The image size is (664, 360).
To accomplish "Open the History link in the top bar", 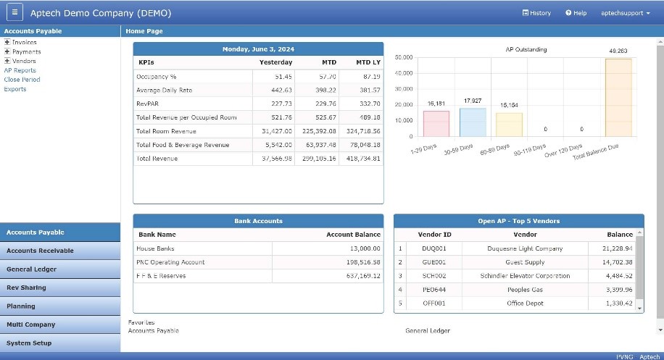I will pos(536,13).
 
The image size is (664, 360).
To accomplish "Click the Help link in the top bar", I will pos(576,13).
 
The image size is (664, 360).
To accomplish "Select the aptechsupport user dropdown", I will pos(626,13).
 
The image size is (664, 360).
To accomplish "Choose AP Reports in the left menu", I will pos(20,70).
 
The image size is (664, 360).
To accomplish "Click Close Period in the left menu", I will pos(22,80).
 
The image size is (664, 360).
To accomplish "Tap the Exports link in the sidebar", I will pos(14,89).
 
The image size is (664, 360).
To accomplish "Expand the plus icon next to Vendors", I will pos(7,61).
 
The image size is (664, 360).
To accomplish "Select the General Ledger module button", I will pos(31,269).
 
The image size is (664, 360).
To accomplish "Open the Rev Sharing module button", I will pos(26,288).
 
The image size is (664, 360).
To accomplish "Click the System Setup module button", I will pos(29,343).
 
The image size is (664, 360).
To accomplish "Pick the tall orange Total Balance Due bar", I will pos(618,97).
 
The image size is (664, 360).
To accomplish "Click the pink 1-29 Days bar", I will pos(436,123).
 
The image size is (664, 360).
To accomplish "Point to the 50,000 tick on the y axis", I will pos(404,57).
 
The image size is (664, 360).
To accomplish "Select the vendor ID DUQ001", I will pos(437,248).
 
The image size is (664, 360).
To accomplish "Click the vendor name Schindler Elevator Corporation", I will pos(525,276).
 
